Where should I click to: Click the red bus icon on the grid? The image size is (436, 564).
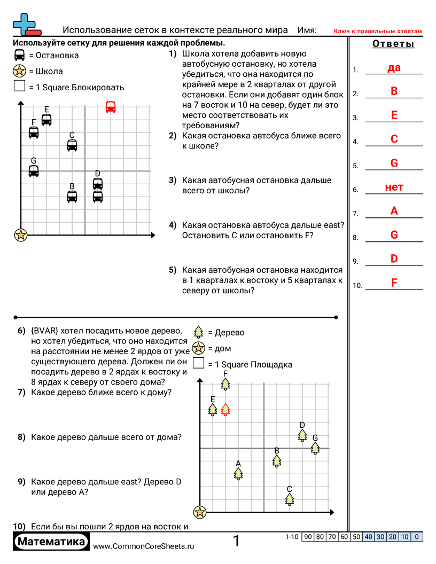click(x=111, y=107)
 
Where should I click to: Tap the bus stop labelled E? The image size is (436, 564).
click(x=46, y=120)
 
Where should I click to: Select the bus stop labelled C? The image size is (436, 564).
click(x=72, y=145)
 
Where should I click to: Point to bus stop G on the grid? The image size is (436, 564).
click(x=34, y=170)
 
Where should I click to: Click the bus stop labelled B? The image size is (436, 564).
click(x=72, y=196)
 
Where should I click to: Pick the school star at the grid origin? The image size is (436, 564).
click(x=21, y=234)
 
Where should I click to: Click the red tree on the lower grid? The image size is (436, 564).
click(x=225, y=410)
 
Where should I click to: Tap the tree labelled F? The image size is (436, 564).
click(x=225, y=384)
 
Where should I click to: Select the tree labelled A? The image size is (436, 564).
click(x=238, y=473)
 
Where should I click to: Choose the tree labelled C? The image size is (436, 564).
click(x=290, y=499)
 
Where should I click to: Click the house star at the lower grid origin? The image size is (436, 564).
click(x=200, y=512)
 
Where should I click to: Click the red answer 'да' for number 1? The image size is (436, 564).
click(x=394, y=68)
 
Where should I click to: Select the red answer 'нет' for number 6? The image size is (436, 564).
click(x=394, y=187)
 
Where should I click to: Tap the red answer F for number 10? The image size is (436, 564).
click(x=394, y=283)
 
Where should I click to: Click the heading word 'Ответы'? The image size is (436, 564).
click(x=393, y=44)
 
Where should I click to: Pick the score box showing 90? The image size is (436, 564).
click(x=308, y=537)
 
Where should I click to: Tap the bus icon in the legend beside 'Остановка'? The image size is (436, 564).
click(x=19, y=55)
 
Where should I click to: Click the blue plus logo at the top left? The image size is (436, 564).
click(x=23, y=23)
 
